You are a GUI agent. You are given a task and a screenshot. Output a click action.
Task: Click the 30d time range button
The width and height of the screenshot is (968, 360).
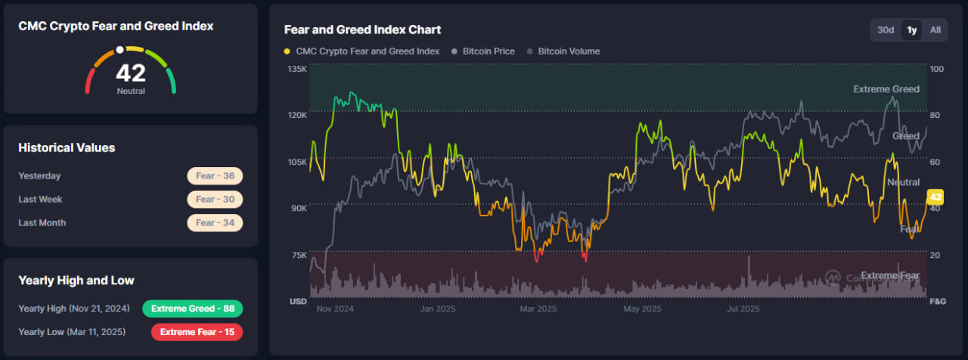[886, 30]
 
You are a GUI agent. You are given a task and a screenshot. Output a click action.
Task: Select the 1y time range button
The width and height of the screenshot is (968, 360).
[912, 30]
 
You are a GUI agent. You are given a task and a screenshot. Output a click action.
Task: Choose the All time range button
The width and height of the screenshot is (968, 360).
[935, 30]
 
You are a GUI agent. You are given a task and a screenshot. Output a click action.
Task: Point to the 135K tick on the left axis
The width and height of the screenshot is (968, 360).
[297, 69]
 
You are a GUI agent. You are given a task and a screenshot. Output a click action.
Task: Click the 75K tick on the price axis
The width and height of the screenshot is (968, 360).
[298, 255]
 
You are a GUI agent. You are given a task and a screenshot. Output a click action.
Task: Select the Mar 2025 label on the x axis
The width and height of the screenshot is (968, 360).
[538, 309]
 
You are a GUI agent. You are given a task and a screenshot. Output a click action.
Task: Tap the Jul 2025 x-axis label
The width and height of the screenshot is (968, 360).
[743, 309]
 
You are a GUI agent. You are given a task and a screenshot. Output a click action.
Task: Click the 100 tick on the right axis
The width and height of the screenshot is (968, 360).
[937, 69]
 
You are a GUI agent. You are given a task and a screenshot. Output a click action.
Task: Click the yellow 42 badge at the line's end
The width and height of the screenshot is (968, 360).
[935, 197]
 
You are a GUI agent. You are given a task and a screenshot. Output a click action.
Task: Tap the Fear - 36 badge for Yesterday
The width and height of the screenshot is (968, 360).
[215, 176]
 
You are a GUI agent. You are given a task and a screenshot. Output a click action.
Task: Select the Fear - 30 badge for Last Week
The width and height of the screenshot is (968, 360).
[215, 200]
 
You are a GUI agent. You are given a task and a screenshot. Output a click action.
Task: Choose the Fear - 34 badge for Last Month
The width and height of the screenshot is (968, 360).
[215, 223]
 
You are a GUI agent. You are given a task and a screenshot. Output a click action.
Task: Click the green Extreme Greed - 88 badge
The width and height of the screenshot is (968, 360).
[192, 309]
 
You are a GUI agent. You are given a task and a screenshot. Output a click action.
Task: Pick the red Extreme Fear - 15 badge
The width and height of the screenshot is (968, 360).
[197, 332]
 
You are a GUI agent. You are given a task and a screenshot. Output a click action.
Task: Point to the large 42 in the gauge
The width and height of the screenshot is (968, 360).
[131, 73]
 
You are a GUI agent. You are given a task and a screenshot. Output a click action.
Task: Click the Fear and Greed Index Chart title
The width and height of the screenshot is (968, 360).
[362, 29]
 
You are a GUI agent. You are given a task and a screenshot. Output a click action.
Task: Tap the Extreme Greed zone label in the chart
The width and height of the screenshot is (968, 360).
[886, 89]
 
